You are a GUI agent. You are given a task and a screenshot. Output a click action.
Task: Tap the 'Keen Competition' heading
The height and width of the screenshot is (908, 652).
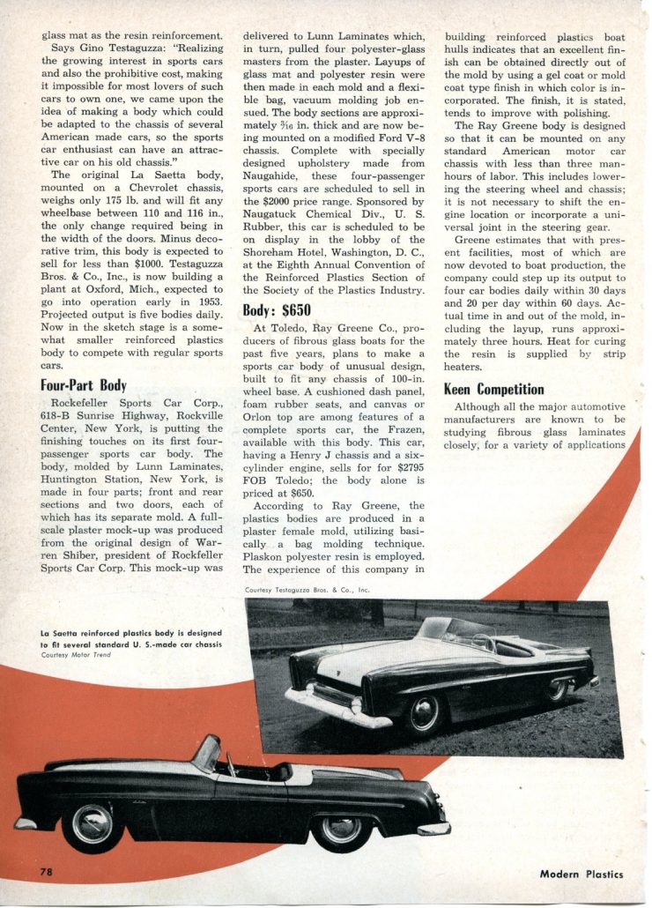(x=493, y=389)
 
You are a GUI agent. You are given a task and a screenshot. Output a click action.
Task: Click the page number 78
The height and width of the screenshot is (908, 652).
(x=47, y=872)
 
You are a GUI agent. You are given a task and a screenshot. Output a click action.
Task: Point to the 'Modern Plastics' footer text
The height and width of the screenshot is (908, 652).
(x=582, y=874)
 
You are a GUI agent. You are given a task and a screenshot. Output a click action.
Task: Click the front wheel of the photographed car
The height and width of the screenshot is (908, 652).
(x=425, y=712)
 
